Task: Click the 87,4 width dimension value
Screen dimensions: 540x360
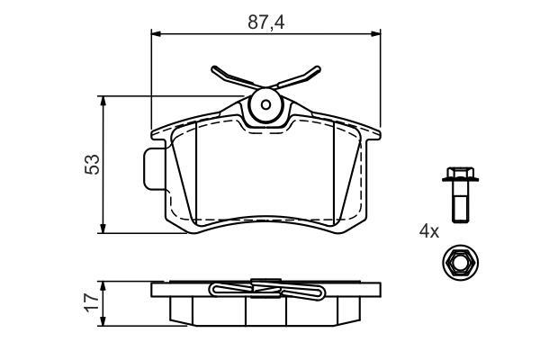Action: [265, 22]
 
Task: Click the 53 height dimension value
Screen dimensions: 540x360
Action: [92, 165]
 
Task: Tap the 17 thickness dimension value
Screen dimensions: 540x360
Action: [92, 302]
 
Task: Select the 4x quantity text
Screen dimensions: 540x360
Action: [429, 231]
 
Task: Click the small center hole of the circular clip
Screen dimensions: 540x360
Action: [265, 104]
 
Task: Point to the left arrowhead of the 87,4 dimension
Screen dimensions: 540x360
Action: [156, 33]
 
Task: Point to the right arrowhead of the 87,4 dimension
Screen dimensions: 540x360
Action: [375, 33]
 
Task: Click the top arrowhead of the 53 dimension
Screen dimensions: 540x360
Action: [103, 101]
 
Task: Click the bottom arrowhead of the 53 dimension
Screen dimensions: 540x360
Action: [103, 229]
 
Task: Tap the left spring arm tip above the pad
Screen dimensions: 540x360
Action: [214, 68]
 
